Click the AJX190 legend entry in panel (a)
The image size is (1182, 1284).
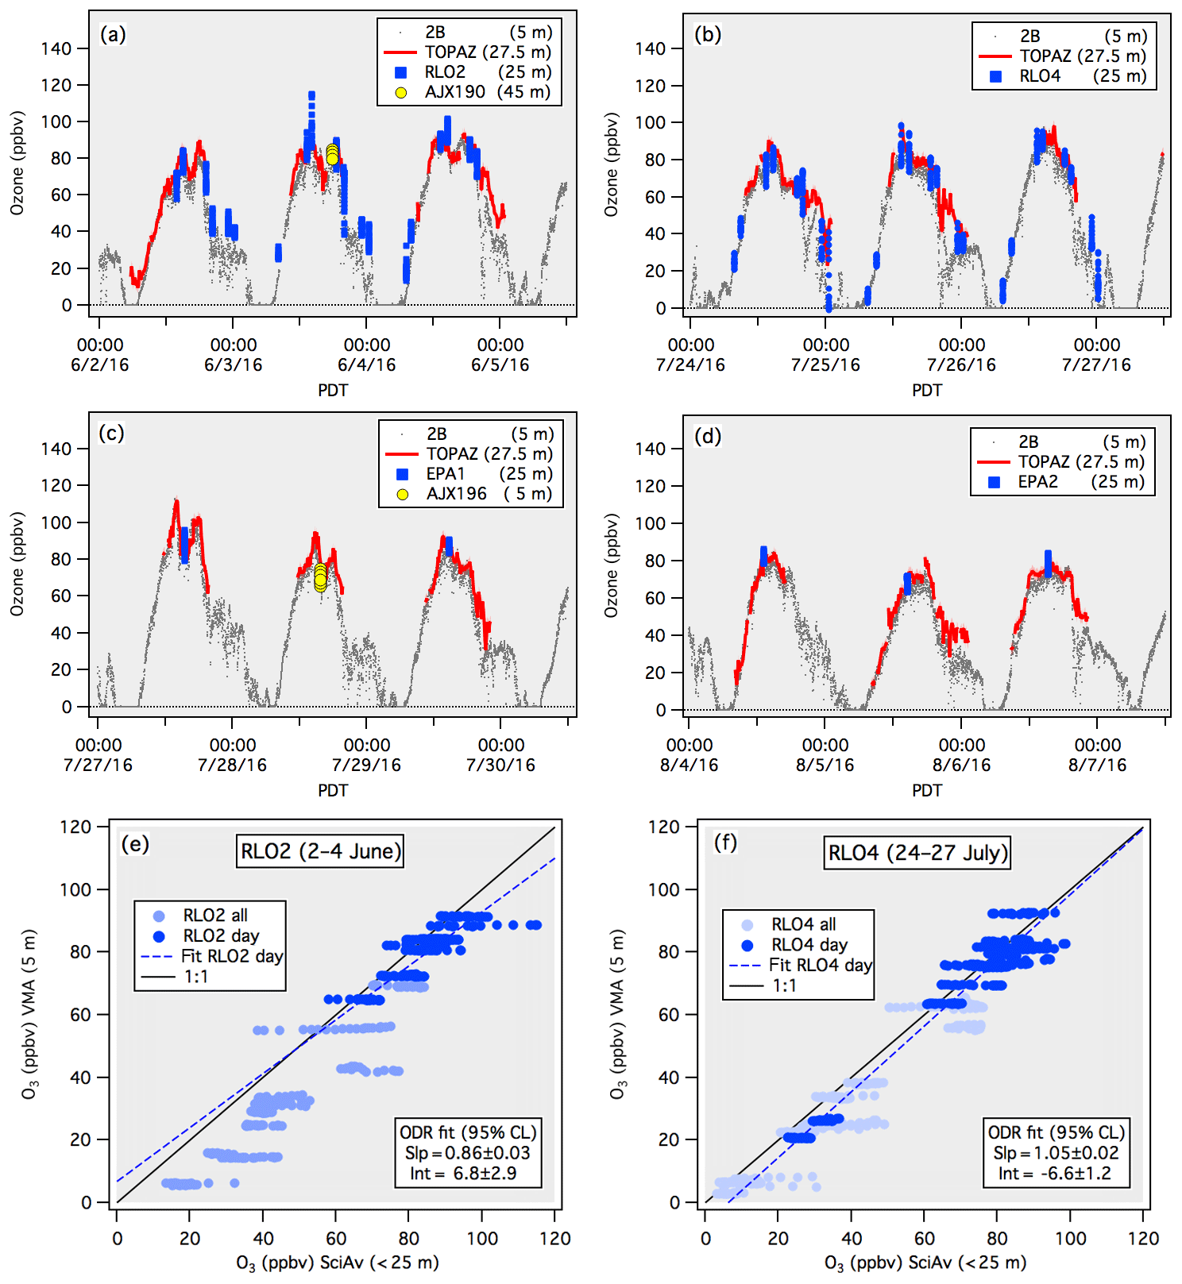pyautogui.click(x=454, y=91)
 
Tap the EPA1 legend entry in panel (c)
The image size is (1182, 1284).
pyautogui.click(x=446, y=474)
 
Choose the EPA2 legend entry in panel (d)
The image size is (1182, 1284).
pyautogui.click(x=1037, y=482)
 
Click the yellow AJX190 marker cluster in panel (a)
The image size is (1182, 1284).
pyautogui.click(x=332, y=154)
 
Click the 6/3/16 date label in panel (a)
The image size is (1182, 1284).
pyautogui.click(x=234, y=365)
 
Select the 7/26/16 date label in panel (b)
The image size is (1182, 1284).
pyautogui.click(x=961, y=365)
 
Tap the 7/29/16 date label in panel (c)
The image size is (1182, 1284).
pyautogui.click(x=367, y=765)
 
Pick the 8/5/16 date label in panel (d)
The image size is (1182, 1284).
pyautogui.click(x=825, y=765)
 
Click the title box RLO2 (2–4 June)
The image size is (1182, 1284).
pyautogui.click(x=321, y=851)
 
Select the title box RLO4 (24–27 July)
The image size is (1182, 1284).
pyautogui.click(x=917, y=853)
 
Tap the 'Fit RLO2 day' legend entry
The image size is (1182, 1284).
pyautogui.click(x=232, y=956)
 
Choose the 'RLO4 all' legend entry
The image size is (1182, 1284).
pyautogui.click(x=803, y=924)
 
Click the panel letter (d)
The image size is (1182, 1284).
pyautogui.click(x=707, y=436)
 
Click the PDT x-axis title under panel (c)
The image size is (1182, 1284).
pyautogui.click(x=333, y=790)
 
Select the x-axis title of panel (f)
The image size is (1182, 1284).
pyautogui.click(x=925, y=1263)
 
